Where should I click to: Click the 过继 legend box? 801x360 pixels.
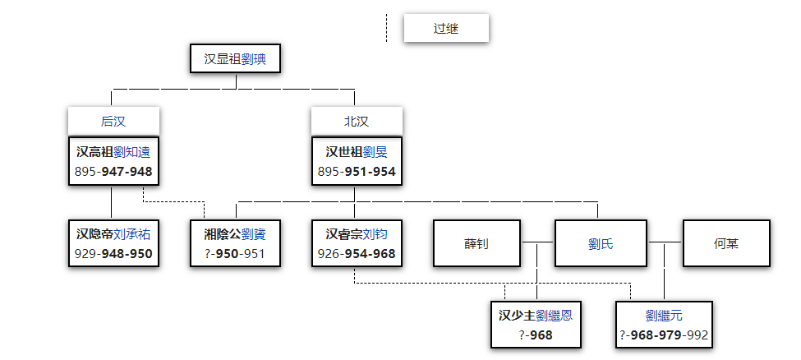click(446, 29)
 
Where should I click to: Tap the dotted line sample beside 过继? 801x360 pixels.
click(386, 28)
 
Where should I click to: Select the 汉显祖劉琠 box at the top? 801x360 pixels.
click(237, 59)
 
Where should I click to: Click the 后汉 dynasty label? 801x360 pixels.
click(113, 122)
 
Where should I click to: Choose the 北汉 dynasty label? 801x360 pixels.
click(357, 122)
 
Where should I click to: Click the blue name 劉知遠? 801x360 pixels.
click(132, 152)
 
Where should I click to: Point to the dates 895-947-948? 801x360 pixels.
click(113, 173)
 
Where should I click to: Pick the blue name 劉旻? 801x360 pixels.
click(375, 152)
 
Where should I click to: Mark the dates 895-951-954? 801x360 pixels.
click(357, 173)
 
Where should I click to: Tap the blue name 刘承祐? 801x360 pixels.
click(132, 234)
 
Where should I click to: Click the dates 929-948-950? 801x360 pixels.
click(113, 254)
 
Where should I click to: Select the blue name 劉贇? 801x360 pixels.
click(254, 234)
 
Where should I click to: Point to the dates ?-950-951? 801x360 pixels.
click(235, 254)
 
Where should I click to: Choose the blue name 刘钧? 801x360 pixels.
click(375, 234)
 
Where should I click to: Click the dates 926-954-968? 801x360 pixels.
click(357, 254)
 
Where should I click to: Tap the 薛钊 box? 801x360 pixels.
click(476, 243)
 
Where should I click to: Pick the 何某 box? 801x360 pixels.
click(725, 243)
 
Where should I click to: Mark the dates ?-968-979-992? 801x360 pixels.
click(664, 335)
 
